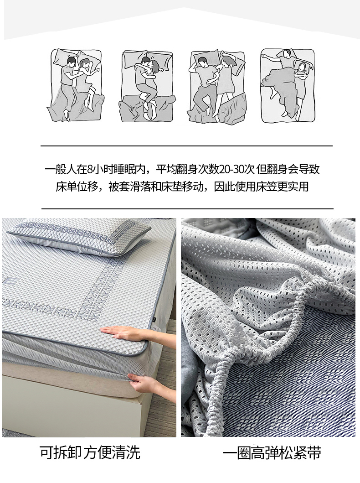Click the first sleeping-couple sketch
(75, 85)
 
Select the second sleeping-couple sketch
(147, 86)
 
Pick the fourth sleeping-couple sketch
(288, 85)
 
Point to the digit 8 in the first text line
(89, 169)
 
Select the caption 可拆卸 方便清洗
(90, 452)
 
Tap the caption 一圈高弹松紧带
(272, 453)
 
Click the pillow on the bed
(78, 237)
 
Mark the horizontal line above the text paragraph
(186, 145)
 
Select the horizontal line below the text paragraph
(187, 208)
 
